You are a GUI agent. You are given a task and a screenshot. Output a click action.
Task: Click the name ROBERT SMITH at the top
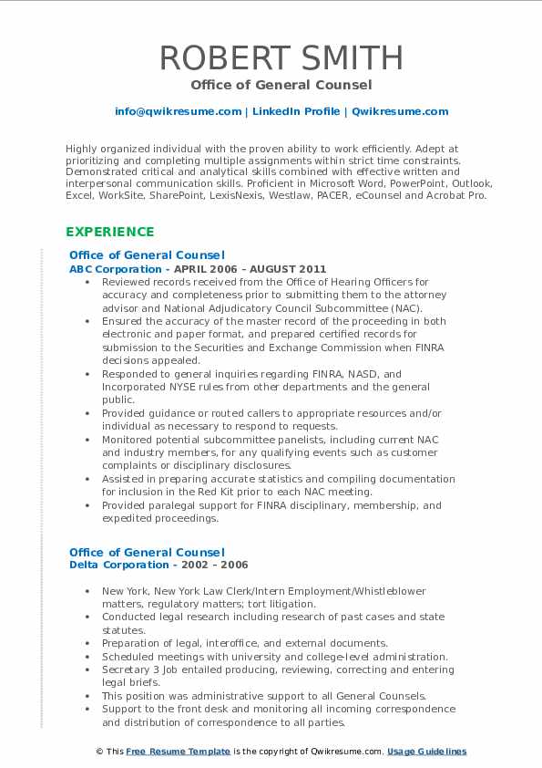[281, 57]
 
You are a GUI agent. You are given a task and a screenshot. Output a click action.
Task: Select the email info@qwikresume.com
[178, 111]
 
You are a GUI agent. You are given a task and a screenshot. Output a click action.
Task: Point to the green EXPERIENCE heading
[109, 232]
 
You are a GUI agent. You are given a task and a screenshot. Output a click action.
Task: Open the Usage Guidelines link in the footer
[426, 752]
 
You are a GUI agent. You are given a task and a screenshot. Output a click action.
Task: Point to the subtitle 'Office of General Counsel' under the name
[281, 85]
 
